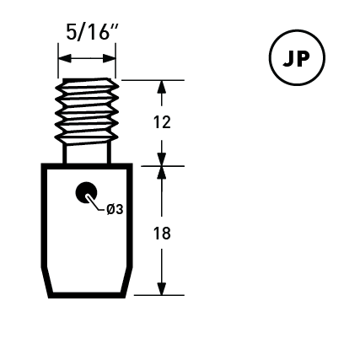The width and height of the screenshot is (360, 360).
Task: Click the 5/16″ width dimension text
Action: [x=92, y=32]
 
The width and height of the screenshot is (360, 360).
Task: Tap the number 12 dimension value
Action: [x=162, y=123]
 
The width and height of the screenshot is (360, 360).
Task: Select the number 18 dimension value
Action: [x=162, y=234]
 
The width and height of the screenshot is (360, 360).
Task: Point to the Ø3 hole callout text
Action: [x=115, y=209]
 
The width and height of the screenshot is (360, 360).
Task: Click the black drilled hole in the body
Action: [x=86, y=192]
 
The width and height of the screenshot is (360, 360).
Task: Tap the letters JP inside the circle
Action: [x=296, y=59]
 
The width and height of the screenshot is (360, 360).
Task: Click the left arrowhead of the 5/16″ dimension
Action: [x=65, y=59]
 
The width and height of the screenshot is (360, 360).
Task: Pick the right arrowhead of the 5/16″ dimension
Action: [x=109, y=59]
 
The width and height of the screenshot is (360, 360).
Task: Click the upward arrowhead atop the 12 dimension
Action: [x=162, y=87]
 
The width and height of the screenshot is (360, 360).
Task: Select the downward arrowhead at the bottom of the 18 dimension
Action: [x=162, y=288]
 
